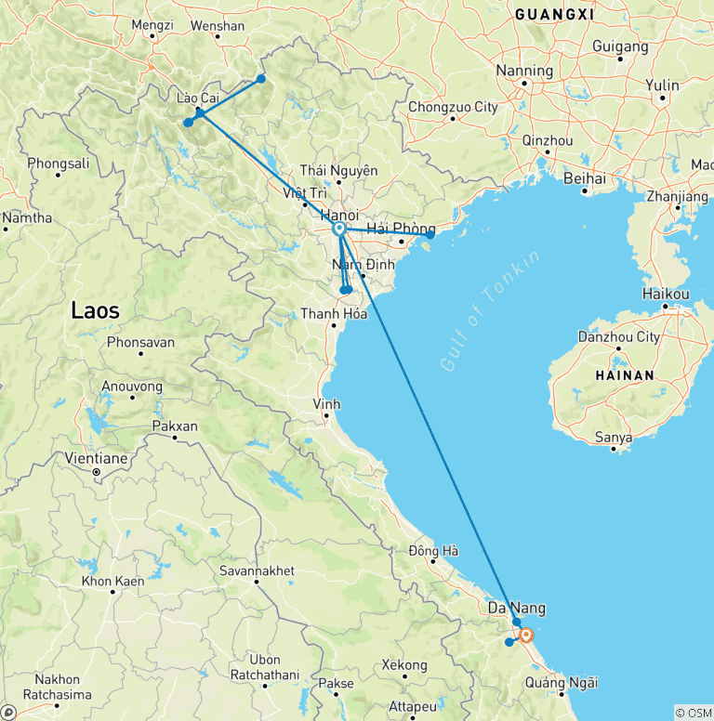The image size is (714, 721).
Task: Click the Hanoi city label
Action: point(340,214)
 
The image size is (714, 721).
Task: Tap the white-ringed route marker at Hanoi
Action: point(339,229)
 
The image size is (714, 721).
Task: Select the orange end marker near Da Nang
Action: point(526,636)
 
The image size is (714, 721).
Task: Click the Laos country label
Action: point(96,311)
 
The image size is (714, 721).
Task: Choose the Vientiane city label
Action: point(97,457)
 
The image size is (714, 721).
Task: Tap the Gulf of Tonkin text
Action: point(490,312)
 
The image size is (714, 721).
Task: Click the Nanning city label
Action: point(524,71)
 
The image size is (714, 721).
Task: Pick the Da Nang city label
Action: point(517,609)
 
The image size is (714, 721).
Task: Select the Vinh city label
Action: point(326,404)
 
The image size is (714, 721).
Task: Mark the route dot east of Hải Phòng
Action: point(430,235)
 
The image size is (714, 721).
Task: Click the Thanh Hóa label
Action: point(333,314)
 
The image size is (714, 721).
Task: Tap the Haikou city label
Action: point(666,294)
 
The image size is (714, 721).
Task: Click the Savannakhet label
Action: point(258,570)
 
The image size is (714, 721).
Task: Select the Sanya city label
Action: point(615,437)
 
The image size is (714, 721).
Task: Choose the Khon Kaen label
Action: point(111,582)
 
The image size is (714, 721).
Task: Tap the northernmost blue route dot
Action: point(261,79)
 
